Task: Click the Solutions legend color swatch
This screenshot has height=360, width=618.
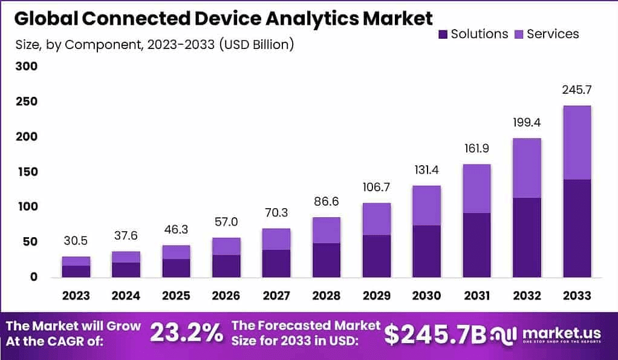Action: coord(441,34)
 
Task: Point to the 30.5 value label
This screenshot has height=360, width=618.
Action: coord(76,241)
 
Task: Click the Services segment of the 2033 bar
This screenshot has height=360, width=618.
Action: coord(576,142)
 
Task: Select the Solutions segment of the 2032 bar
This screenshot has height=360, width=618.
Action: coord(527,237)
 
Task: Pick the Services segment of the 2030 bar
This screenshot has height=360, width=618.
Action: coord(426,205)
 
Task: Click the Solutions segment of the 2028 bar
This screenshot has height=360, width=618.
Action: coord(326,260)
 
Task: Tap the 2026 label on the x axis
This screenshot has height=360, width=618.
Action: coord(226,296)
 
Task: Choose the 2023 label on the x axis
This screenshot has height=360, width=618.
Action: coord(76,296)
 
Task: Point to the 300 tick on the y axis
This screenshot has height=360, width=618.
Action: coord(25,67)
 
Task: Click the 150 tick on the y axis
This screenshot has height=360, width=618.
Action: coord(25,172)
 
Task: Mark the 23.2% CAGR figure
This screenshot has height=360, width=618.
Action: coord(186,333)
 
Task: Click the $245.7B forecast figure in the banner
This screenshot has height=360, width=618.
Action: coord(435,333)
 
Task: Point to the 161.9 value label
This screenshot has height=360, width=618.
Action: coord(477,148)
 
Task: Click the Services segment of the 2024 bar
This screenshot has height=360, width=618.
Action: coord(126,257)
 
